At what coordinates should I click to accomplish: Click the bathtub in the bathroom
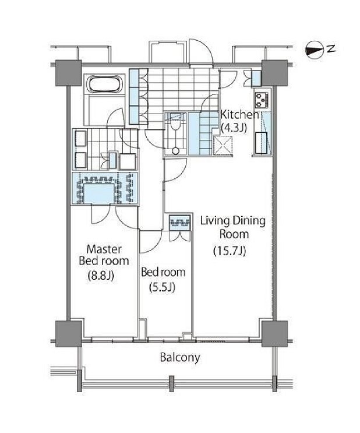(105, 84)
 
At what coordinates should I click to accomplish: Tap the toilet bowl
(175, 125)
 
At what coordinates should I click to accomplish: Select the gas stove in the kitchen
(262, 100)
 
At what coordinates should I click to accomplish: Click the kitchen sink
(260, 143)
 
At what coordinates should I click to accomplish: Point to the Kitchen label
(239, 114)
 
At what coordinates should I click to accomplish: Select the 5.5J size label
(162, 288)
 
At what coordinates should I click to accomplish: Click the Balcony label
(180, 358)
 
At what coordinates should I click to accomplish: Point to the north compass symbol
(314, 50)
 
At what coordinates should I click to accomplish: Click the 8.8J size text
(101, 276)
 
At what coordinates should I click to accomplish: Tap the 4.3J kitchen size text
(234, 128)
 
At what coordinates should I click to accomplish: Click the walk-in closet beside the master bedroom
(105, 188)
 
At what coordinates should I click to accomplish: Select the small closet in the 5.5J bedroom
(180, 222)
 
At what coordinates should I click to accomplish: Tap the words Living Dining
(233, 221)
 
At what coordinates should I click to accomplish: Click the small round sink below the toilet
(175, 151)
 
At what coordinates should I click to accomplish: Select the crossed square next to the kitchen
(223, 146)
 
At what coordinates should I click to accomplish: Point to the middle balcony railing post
(171, 383)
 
